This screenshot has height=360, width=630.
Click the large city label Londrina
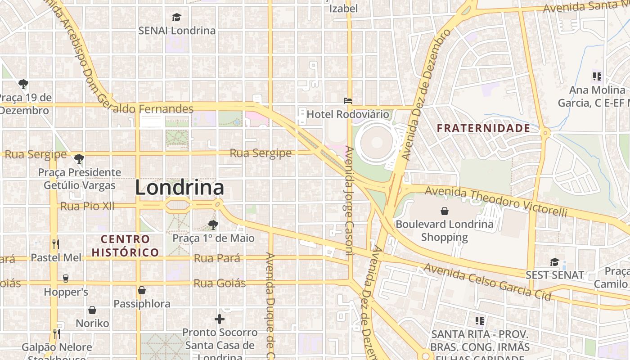coord(180,188)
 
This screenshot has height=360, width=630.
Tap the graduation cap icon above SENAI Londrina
coord(176,18)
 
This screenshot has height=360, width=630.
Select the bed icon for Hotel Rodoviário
coord(347,101)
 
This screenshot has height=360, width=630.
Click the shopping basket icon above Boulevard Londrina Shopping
coord(445,211)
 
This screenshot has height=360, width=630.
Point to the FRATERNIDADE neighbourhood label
coord(484,128)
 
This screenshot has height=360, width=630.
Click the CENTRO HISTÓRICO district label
coord(125,246)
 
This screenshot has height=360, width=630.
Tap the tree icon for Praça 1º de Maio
coord(213,225)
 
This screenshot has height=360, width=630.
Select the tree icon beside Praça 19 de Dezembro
coord(23,84)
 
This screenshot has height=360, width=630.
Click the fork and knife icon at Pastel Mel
coord(56,244)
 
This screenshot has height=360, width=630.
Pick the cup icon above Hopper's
coord(66,279)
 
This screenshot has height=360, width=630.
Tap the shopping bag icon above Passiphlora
coord(142,290)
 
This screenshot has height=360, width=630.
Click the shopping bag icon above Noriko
coord(92,310)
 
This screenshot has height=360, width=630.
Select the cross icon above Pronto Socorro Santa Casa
coord(220,319)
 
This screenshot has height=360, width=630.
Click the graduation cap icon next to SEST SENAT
coord(554,262)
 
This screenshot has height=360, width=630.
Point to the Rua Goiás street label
coord(220,283)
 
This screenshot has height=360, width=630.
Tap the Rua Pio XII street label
coord(87,207)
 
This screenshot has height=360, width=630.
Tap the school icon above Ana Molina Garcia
coord(597,76)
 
